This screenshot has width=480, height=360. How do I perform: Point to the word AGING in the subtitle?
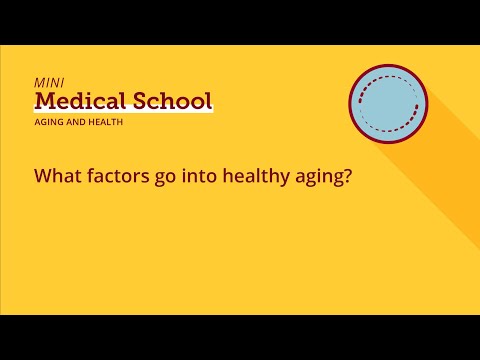(48, 123)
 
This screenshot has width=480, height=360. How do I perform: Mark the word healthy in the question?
(254, 177)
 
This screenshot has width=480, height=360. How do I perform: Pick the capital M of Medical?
(45, 101)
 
